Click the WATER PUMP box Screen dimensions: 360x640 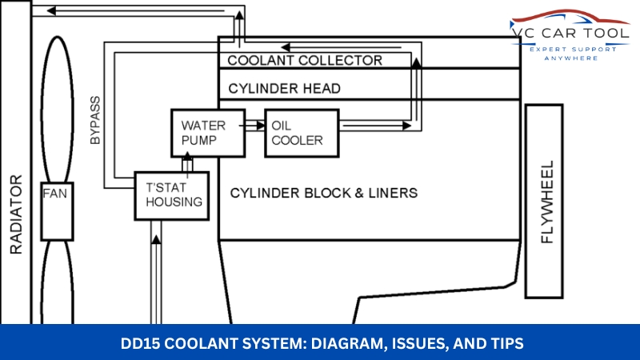pos(204,133)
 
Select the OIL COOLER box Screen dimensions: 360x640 pos(302,133)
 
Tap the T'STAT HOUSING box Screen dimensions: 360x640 pos(171,194)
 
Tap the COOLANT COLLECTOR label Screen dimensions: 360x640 pos(305,60)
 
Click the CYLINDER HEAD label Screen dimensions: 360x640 pos(284,87)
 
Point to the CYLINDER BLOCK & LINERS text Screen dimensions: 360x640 pos(324,193)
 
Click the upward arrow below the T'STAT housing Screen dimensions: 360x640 pos(157,240)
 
